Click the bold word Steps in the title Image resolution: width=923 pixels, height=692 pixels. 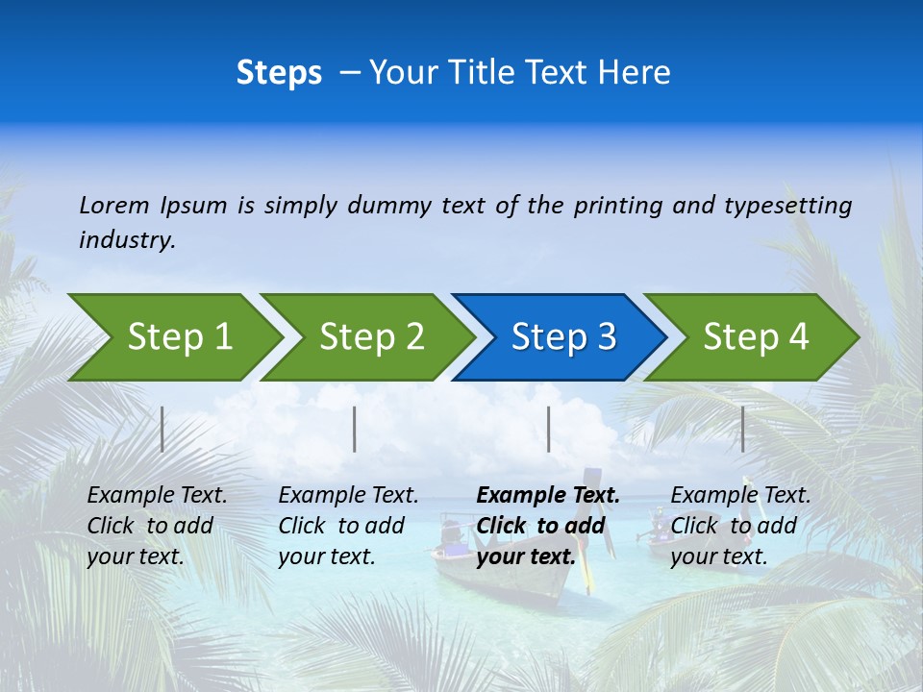(x=279, y=73)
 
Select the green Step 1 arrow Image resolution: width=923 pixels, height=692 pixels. (x=173, y=336)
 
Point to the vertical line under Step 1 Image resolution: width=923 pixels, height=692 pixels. (x=162, y=429)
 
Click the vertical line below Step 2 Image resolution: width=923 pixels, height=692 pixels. (x=355, y=429)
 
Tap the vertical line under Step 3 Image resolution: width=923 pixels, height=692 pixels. (x=548, y=429)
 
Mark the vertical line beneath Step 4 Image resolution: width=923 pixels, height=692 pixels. (x=742, y=429)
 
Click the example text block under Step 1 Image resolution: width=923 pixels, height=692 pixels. (x=157, y=526)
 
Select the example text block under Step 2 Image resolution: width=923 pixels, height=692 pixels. (x=348, y=526)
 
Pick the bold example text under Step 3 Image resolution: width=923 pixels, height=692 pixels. (x=547, y=526)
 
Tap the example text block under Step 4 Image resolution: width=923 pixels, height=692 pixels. (x=740, y=526)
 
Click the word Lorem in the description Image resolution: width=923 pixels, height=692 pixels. (x=114, y=206)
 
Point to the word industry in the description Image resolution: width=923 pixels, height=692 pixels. (x=127, y=239)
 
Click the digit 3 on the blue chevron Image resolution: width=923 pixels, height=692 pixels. (x=606, y=336)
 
